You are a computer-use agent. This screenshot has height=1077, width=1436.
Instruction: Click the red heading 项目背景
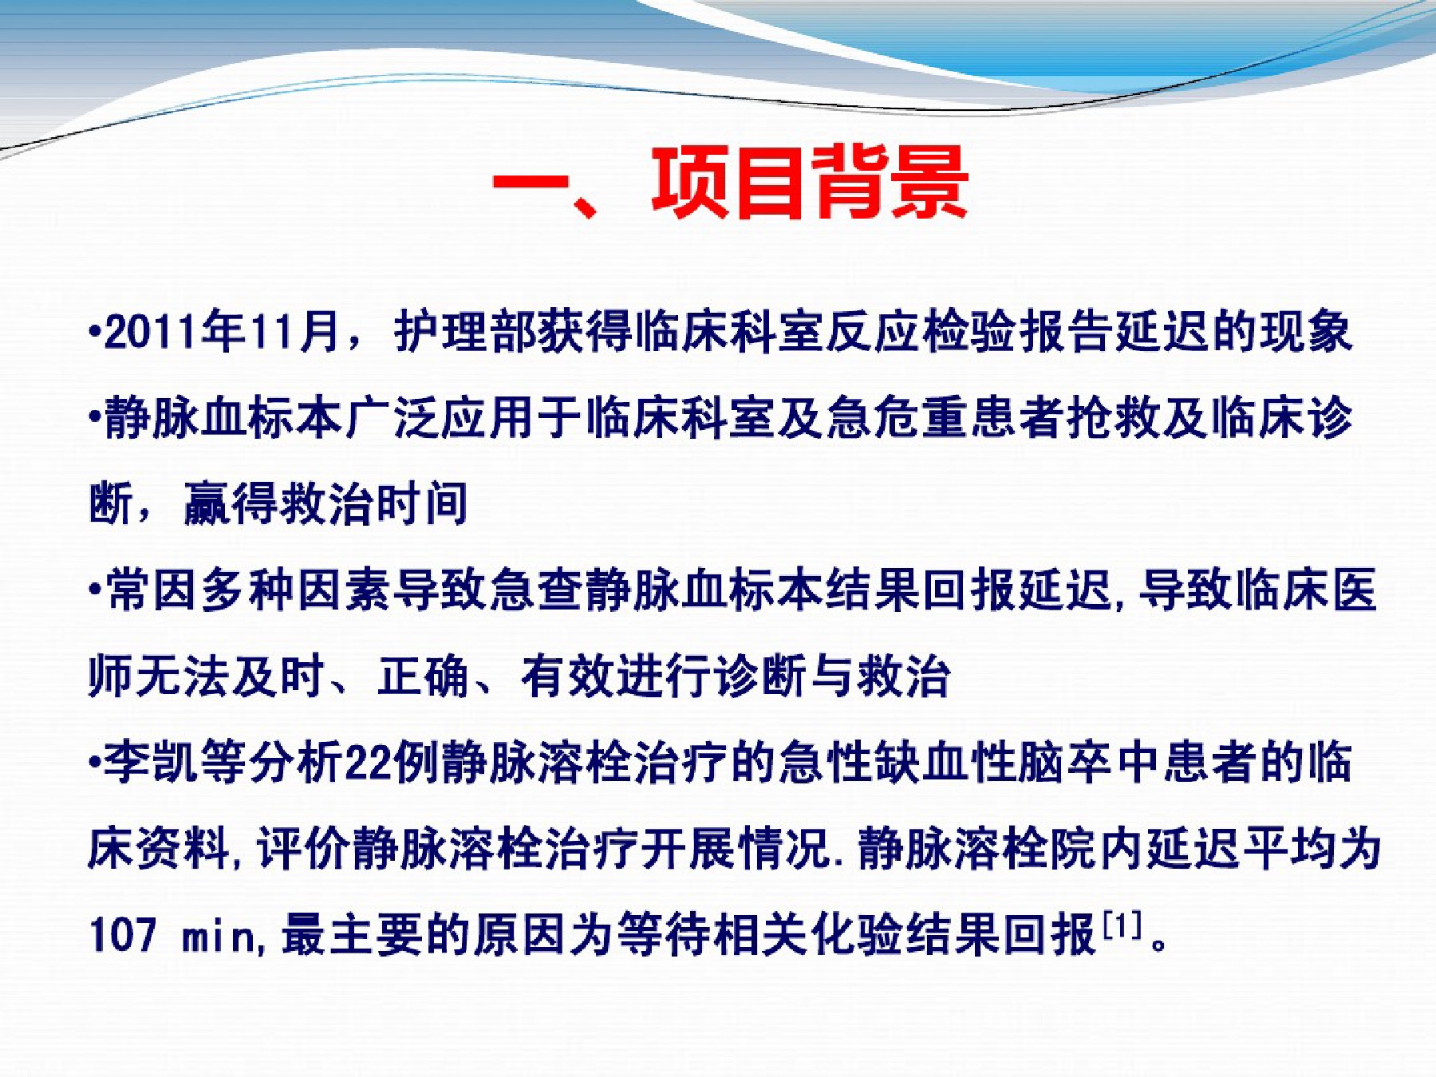[810, 183]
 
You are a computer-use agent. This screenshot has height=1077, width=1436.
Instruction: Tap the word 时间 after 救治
[422, 504]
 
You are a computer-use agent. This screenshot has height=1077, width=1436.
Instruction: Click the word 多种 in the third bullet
[248, 590]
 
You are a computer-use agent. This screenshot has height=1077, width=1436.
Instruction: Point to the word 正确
[424, 677]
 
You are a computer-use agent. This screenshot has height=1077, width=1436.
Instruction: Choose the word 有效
[568, 677]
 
